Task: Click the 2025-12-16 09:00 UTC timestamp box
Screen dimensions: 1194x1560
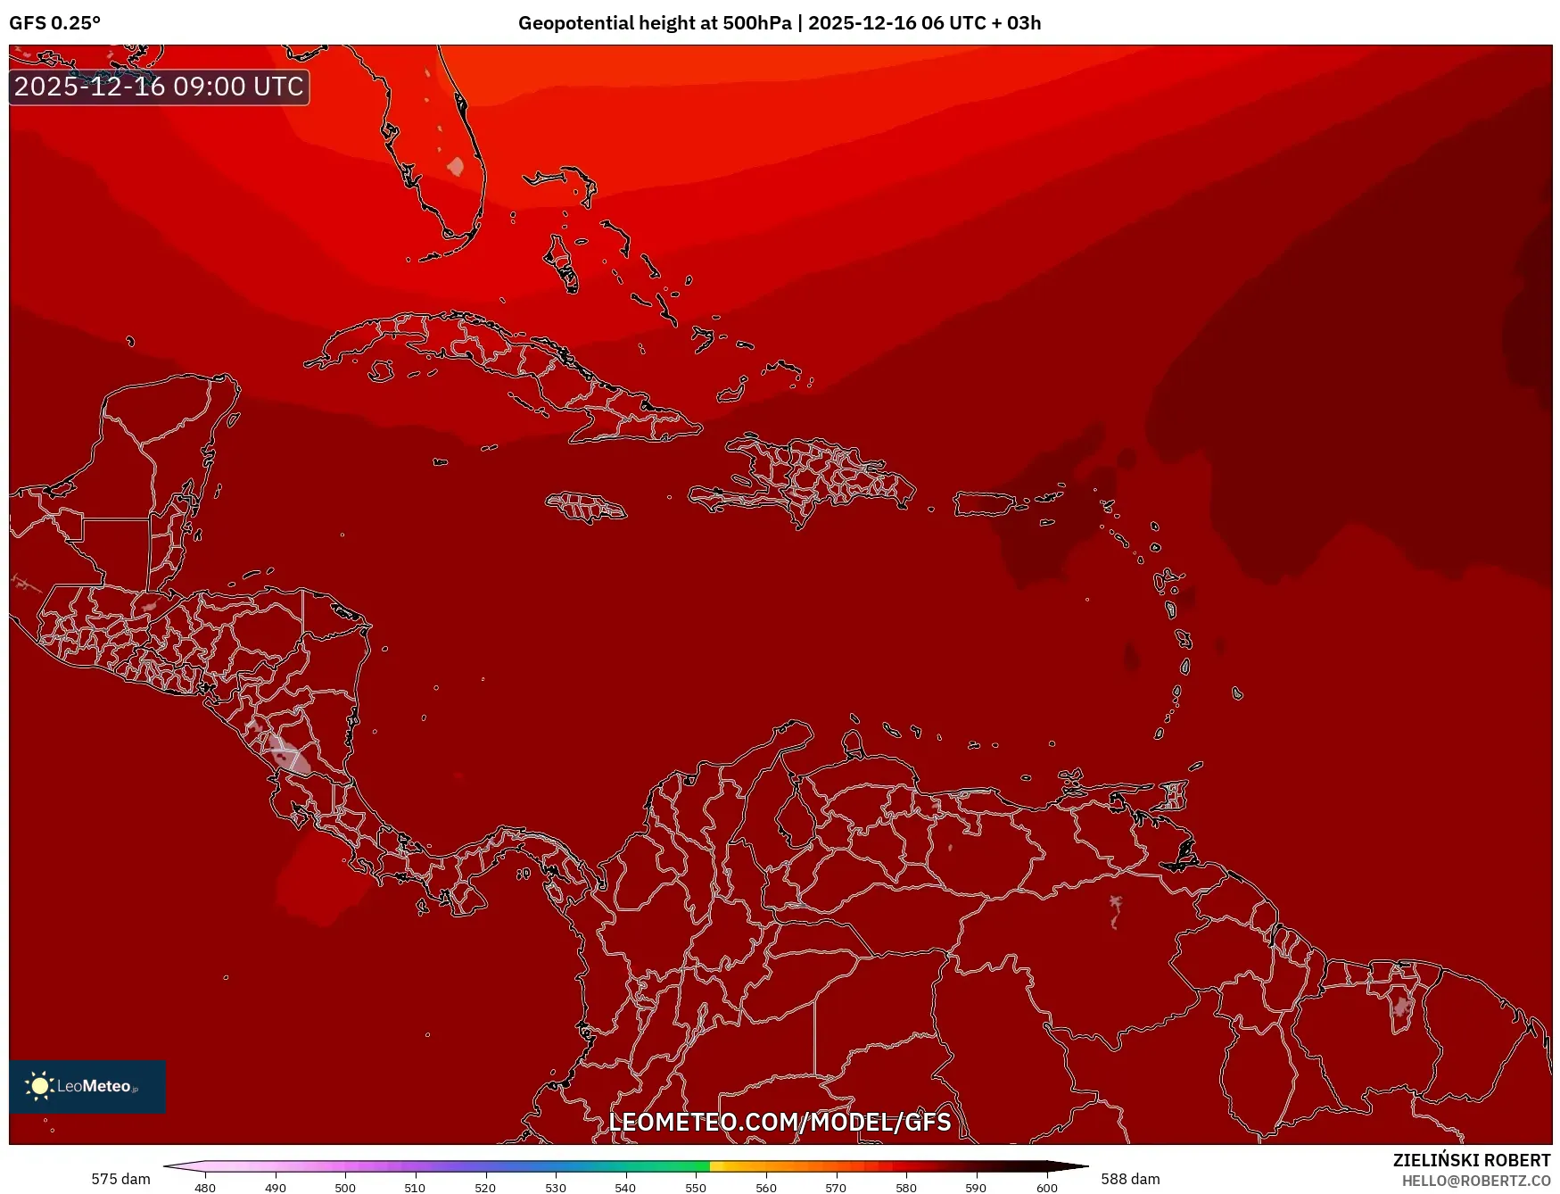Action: coord(159,87)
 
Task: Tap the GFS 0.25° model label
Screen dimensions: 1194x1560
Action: coord(54,23)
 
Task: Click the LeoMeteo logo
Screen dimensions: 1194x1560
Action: coord(87,1086)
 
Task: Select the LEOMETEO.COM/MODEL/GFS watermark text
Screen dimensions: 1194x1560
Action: coord(780,1122)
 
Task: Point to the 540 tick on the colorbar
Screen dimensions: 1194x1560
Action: coord(625,1187)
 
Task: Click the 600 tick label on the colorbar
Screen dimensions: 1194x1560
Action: coord(1046,1188)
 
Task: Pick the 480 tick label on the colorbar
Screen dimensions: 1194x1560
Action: coord(205,1188)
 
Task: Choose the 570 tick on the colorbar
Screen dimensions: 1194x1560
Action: coord(836,1187)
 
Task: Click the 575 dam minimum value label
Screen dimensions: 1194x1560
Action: coord(120,1179)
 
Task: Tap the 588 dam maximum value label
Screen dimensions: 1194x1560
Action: coord(1130,1179)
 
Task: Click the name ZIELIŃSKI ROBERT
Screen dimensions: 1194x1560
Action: coord(1471,1160)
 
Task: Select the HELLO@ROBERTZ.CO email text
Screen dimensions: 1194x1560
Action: coord(1475,1181)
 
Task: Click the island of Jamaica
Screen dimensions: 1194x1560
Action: coord(586,507)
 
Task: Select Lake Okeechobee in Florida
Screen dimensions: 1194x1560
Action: coord(456,166)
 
